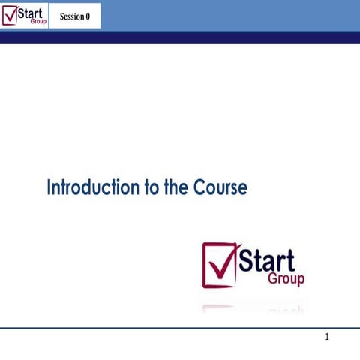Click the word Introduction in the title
tap(92, 187)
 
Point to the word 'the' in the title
tap(175, 187)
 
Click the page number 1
tap(327, 337)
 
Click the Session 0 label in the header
tap(75, 16)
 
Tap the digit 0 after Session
tap(88, 16)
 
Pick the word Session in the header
tap(71, 16)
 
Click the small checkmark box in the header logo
tap(10, 15)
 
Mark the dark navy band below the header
tap(180, 37)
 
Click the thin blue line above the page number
tap(180, 328)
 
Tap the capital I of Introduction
tap(49, 187)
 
